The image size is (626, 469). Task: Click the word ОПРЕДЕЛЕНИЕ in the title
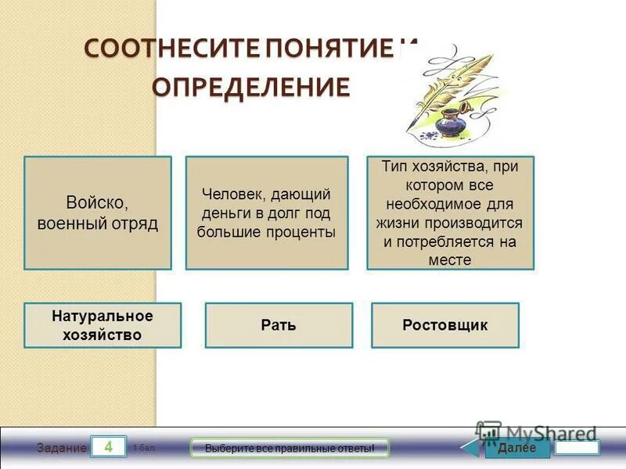click(250, 87)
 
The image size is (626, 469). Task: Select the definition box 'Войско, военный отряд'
click(98, 213)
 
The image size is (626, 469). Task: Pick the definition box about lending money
click(267, 213)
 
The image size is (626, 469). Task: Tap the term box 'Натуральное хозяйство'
click(103, 325)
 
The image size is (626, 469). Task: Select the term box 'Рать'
click(279, 325)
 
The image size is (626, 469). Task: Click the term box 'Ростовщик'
click(444, 325)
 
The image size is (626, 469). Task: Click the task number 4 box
click(109, 447)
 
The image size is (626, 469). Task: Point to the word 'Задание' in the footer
click(61, 449)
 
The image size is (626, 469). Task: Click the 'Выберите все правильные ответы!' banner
click(290, 449)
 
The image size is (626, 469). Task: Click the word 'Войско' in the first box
click(98, 203)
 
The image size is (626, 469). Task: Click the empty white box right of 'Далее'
click(577, 448)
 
